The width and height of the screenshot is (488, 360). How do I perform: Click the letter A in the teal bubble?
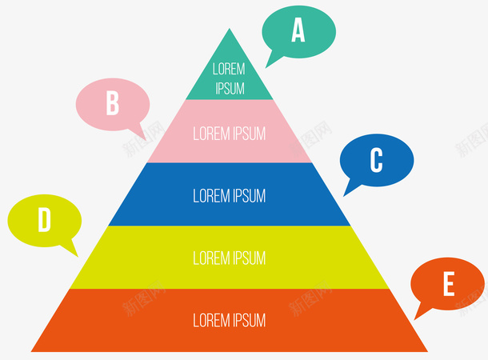point(298,30)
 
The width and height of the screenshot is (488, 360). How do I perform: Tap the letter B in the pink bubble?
point(113,103)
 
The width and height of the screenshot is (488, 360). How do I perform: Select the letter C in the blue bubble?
point(376,161)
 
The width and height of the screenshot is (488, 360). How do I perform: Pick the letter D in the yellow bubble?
point(45,220)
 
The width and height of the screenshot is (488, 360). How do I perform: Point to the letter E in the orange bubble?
point(448,284)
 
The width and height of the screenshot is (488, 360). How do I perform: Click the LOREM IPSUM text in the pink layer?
point(230,133)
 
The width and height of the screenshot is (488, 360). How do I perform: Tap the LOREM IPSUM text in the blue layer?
point(230,195)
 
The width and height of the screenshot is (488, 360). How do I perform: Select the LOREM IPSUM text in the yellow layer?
point(230,258)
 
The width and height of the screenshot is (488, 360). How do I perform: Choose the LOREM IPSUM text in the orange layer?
point(230,320)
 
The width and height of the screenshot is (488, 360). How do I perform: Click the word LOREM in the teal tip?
point(230,70)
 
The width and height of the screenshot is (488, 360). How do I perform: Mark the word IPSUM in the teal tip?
point(230,88)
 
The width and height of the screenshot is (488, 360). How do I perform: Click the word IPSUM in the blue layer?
point(248,195)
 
